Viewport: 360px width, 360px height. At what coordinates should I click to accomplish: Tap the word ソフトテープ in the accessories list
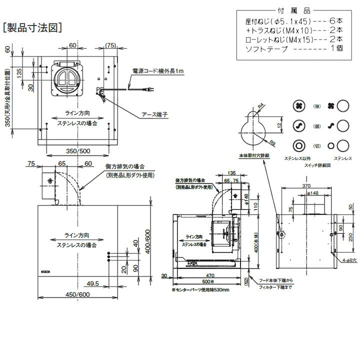click(x=266, y=49)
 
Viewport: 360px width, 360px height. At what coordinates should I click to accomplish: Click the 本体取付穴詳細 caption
click(x=254, y=156)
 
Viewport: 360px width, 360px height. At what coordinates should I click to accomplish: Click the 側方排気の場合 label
click(x=124, y=166)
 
